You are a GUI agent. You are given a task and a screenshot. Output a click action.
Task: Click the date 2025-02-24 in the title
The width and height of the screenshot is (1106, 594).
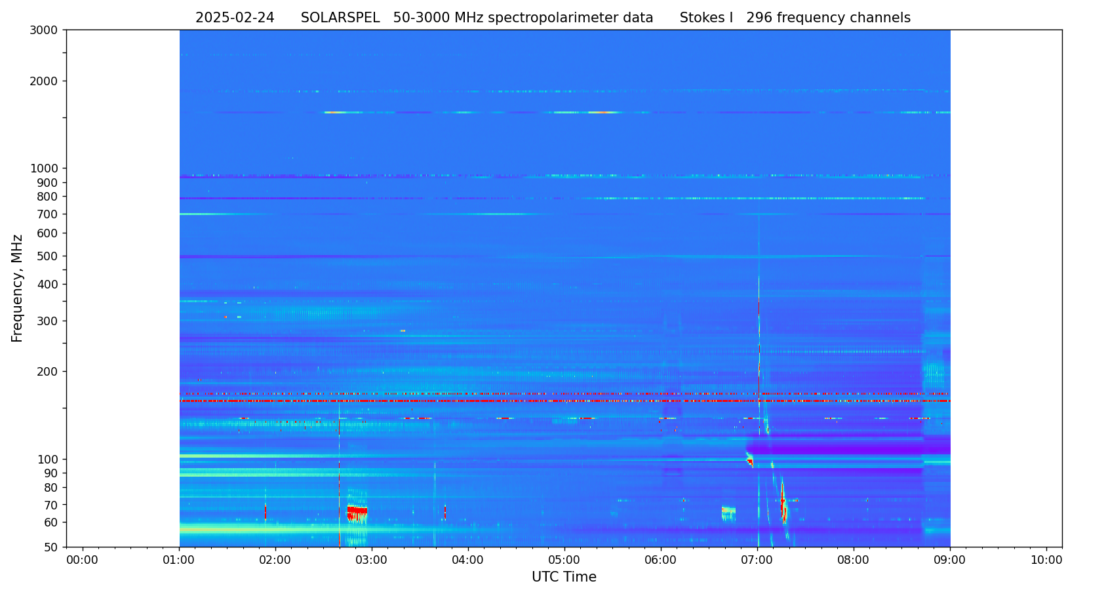click(x=235, y=18)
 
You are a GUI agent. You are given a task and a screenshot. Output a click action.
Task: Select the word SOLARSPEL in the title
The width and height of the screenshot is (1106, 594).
click(x=340, y=18)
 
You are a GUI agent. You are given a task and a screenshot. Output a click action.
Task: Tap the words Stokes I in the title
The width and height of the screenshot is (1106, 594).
click(x=706, y=18)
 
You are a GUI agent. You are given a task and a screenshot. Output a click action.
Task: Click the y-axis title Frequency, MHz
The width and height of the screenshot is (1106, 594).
click(x=18, y=288)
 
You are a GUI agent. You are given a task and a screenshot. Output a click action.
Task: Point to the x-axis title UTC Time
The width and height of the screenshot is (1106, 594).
click(x=564, y=577)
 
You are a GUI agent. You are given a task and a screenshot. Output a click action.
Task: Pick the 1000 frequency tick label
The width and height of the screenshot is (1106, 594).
click(x=44, y=168)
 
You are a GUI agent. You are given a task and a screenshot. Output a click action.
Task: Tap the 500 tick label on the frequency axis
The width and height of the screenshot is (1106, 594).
click(x=47, y=256)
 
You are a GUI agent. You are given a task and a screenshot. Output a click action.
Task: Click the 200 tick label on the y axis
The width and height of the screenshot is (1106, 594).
click(x=47, y=372)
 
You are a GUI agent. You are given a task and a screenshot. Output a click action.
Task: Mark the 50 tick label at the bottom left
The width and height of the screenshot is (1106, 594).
click(x=50, y=547)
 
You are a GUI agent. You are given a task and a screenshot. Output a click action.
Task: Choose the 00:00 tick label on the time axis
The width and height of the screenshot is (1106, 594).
click(x=83, y=560)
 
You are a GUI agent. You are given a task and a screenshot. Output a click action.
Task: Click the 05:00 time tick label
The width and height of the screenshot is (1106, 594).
click(x=564, y=560)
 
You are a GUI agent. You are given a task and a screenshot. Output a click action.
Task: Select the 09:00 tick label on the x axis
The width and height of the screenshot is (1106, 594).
click(x=950, y=560)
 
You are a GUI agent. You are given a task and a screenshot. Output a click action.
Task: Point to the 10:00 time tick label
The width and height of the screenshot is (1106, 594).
click(x=1046, y=560)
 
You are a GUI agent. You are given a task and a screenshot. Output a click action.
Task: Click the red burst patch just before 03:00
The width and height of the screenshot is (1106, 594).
click(x=357, y=512)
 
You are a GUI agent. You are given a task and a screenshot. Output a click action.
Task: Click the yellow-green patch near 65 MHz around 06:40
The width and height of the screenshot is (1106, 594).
click(x=728, y=511)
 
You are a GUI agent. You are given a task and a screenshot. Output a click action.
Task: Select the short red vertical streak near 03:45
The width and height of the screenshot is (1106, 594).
click(x=444, y=511)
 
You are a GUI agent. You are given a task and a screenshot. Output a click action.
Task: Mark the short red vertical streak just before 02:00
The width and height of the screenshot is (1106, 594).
click(x=265, y=511)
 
